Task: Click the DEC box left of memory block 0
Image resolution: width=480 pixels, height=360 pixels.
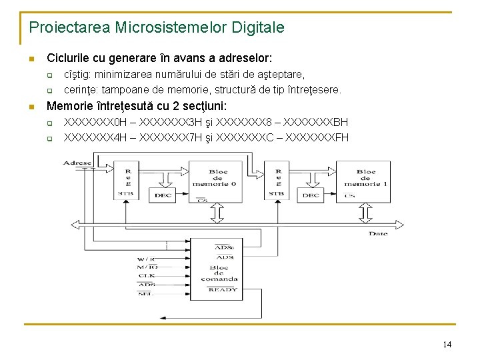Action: (163, 195)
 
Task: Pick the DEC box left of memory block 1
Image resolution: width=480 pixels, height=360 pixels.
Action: (311, 195)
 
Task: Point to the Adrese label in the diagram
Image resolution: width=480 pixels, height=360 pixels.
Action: (77, 163)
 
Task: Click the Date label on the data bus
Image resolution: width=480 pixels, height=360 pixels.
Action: (378, 233)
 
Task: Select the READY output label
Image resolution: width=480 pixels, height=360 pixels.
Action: (222, 290)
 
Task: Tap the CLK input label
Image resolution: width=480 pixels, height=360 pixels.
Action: (147, 275)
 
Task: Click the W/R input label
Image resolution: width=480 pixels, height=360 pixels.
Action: (146, 259)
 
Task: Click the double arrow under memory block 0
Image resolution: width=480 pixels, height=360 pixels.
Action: (218, 213)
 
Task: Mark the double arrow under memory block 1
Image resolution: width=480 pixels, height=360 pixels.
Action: (365, 213)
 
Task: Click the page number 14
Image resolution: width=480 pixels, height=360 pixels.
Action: (447, 344)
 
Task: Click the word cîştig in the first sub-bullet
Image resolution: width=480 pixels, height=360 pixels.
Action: (77, 75)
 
